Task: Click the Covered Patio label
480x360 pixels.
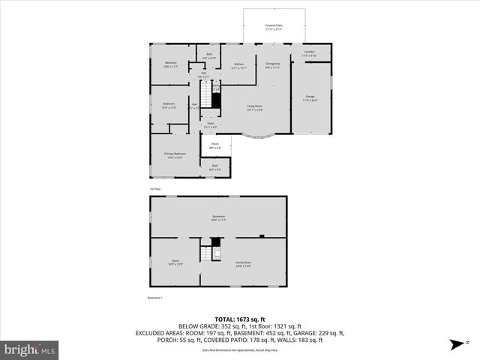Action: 274,26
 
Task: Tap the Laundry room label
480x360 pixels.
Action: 309,53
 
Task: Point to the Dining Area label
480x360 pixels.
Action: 273,66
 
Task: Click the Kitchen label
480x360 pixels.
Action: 238,66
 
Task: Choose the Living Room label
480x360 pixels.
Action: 255,107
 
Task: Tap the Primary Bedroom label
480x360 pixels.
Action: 174,155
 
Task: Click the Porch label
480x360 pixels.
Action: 214,145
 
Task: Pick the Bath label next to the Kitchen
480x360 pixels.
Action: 209,55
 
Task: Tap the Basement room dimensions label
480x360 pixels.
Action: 218,220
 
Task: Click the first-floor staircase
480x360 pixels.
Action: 215,97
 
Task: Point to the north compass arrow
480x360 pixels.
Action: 456,344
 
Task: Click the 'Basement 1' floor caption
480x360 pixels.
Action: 157,298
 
